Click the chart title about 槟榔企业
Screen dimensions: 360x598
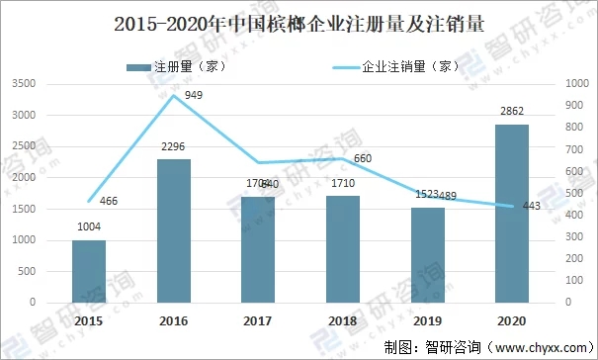[x=299, y=25]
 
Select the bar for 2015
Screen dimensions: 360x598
[x=89, y=271]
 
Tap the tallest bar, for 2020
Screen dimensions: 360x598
[x=512, y=213]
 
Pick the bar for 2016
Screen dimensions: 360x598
[x=174, y=230]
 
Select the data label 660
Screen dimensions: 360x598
[x=363, y=158]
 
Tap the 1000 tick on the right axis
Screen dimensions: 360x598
[x=573, y=84]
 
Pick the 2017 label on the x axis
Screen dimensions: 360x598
[x=258, y=320]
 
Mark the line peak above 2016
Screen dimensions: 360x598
[x=174, y=95]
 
